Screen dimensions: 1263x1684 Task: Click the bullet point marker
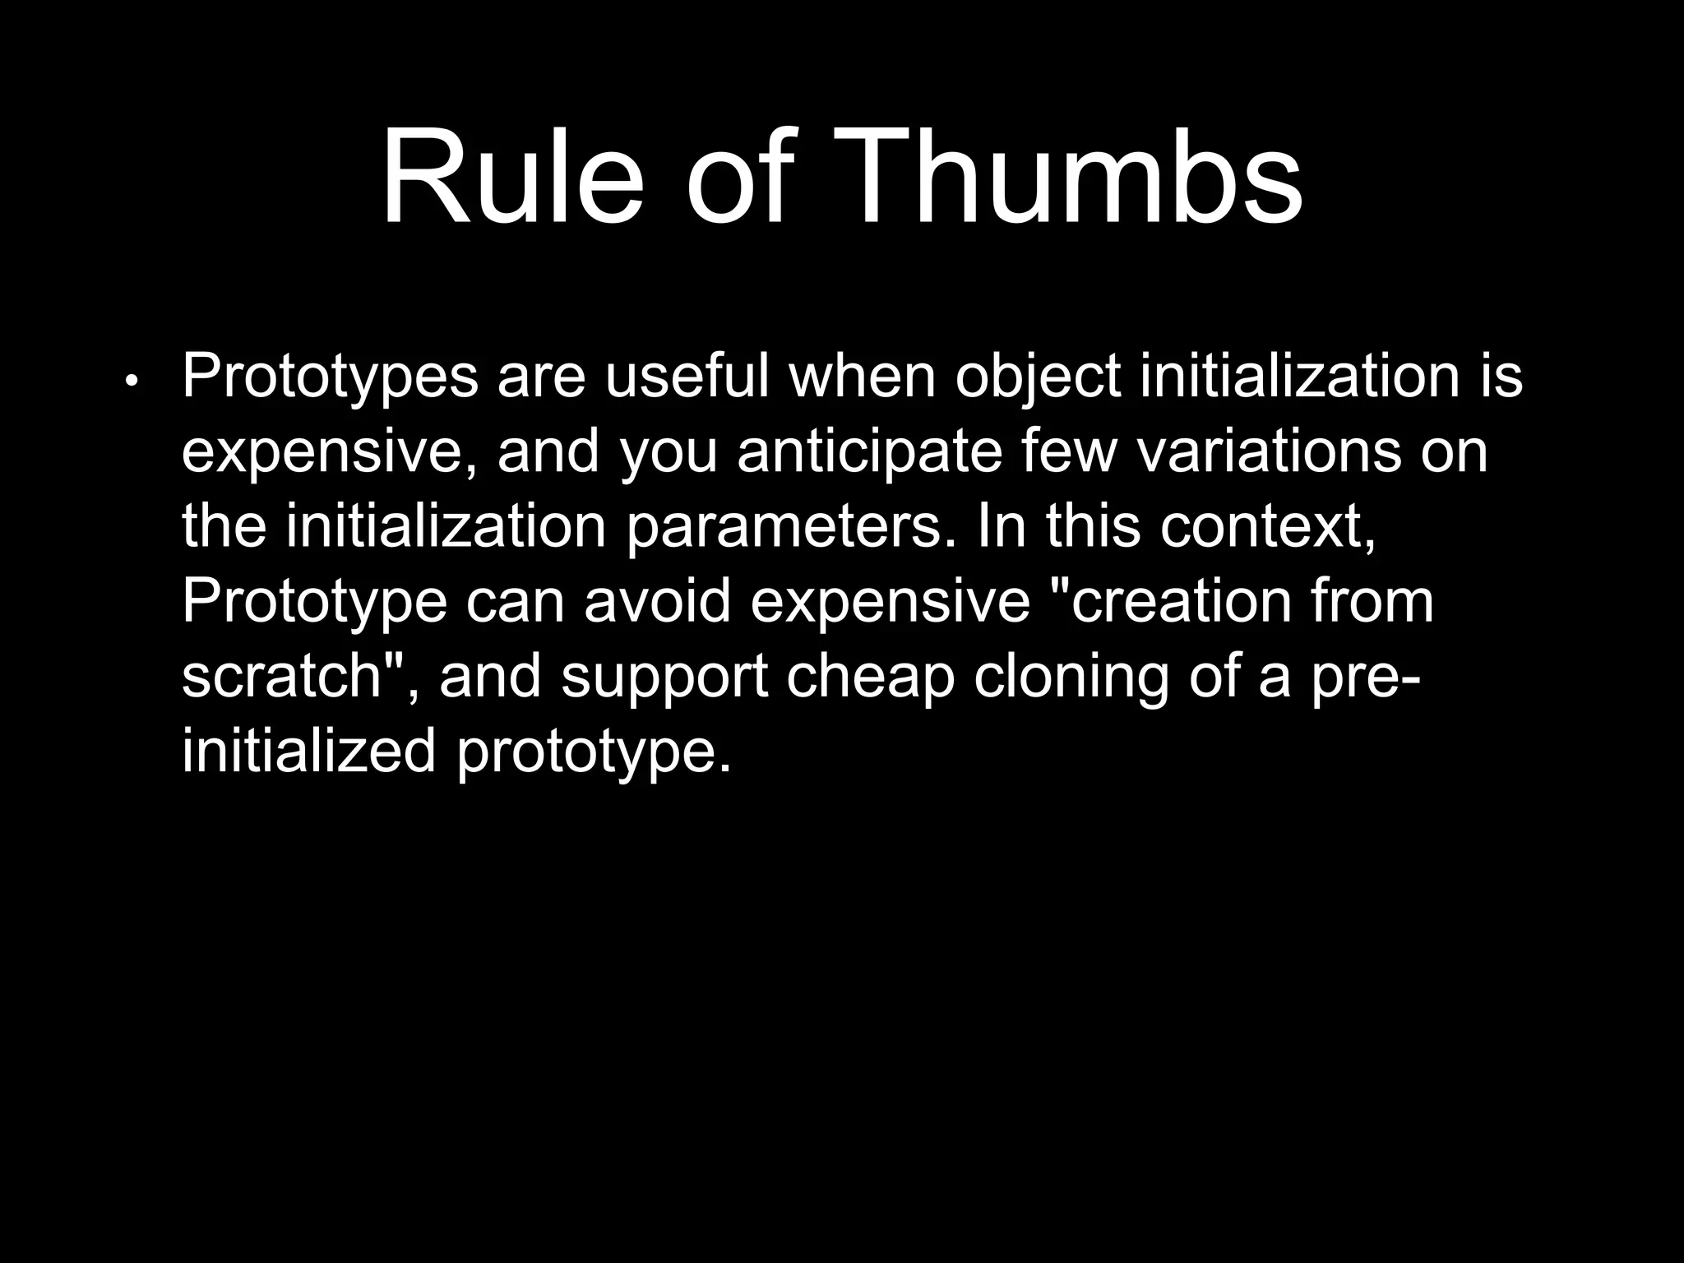click(132, 382)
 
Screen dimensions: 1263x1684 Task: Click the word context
click(1267, 527)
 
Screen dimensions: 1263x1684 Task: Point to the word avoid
click(658, 601)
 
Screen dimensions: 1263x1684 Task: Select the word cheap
click(871, 679)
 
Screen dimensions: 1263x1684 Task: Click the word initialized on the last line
click(308, 752)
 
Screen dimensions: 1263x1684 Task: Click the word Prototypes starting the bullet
click(330, 377)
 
